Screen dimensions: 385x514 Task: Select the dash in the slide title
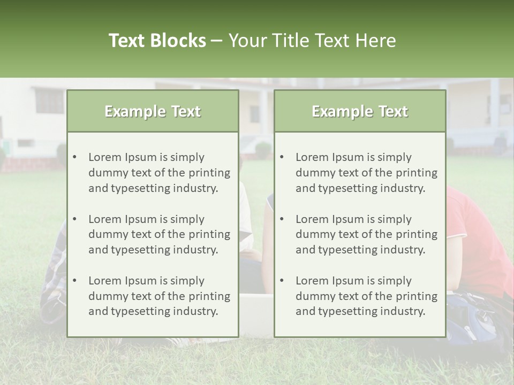coord(217,41)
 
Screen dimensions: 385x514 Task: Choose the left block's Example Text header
coord(153,111)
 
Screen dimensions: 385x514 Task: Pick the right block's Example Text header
coord(360,111)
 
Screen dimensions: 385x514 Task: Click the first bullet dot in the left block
coord(74,157)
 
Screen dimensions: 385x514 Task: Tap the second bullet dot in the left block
coord(74,219)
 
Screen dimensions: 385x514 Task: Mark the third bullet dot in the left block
coord(74,281)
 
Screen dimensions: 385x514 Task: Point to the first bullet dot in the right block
coord(282,157)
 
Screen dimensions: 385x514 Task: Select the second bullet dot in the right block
coord(282,219)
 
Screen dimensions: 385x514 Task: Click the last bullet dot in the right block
coord(282,281)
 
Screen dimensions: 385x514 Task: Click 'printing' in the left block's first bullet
coord(210,173)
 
